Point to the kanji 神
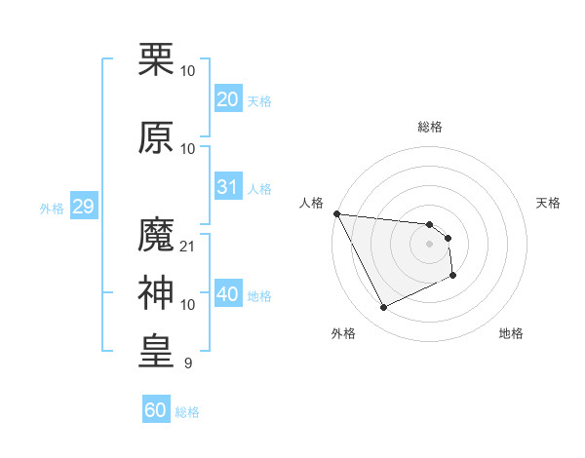pyautogui.click(x=156, y=292)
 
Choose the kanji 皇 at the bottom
pyautogui.click(x=156, y=351)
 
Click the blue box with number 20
pyautogui.click(x=228, y=98)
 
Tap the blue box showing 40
pyautogui.click(x=228, y=293)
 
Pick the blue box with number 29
pyautogui.click(x=82, y=207)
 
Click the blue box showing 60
pyautogui.click(x=156, y=410)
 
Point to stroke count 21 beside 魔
pyautogui.click(x=188, y=247)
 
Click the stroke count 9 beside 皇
pyautogui.click(x=188, y=363)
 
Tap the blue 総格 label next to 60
pyautogui.click(x=187, y=412)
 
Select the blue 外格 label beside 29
pyautogui.click(x=52, y=209)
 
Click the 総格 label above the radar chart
pyautogui.click(x=429, y=127)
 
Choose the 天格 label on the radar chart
pyautogui.click(x=549, y=203)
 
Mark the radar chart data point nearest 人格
pyautogui.click(x=336, y=213)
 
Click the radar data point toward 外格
pyautogui.click(x=383, y=308)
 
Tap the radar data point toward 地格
pyautogui.click(x=453, y=276)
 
